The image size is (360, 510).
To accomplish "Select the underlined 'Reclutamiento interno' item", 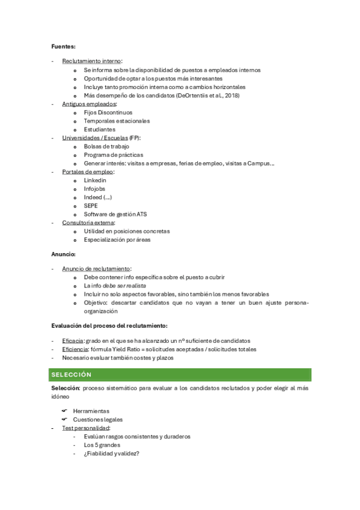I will click(91, 61).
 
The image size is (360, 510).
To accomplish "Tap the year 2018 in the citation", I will click(231, 95).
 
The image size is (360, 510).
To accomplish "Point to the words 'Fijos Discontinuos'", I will click(108, 112).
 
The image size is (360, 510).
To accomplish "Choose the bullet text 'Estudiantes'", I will click(100, 129).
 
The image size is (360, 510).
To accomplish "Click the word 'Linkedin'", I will click(96, 180).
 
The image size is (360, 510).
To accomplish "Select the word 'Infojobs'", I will click(95, 189).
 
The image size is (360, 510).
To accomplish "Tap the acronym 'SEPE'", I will click(91, 206).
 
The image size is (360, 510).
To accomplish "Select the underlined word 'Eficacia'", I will click(73, 340).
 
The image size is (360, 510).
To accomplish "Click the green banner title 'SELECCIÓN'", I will click(71, 375).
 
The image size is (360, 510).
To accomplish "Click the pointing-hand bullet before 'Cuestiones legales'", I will click(64, 419).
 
